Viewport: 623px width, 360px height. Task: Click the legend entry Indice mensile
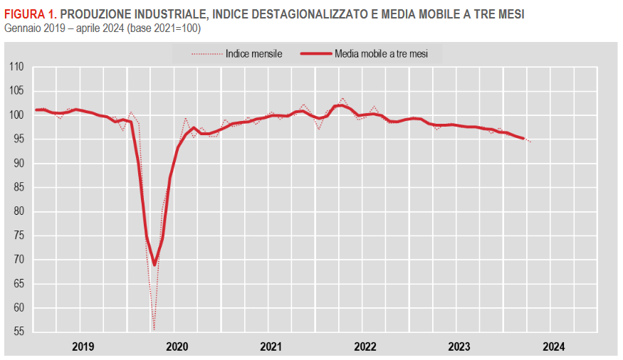pyautogui.click(x=253, y=53)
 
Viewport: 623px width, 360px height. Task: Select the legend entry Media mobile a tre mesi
pyautogui.click(x=381, y=53)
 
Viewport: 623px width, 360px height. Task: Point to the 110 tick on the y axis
pyautogui.click(x=17, y=67)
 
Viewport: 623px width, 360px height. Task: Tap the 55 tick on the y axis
pyautogui.click(x=19, y=332)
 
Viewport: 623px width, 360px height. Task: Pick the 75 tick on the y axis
pyautogui.click(x=19, y=235)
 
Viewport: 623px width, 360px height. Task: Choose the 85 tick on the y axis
pyautogui.click(x=19, y=187)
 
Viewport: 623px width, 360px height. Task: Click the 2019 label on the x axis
pyautogui.click(x=83, y=346)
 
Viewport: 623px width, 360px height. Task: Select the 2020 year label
pyautogui.click(x=177, y=346)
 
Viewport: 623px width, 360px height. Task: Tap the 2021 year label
pyautogui.click(x=271, y=346)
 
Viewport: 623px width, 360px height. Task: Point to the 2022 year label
pyautogui.click(x=365, y=346)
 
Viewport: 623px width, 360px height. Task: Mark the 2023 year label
pyautogui.click(x=459, y=346)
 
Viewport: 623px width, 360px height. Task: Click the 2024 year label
pyautogui.click(x=553, y=346)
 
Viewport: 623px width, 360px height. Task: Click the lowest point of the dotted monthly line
pyautogui.click(x=154, y=329)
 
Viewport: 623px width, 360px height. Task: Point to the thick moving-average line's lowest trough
pyautogui.click(x=154, y=265)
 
